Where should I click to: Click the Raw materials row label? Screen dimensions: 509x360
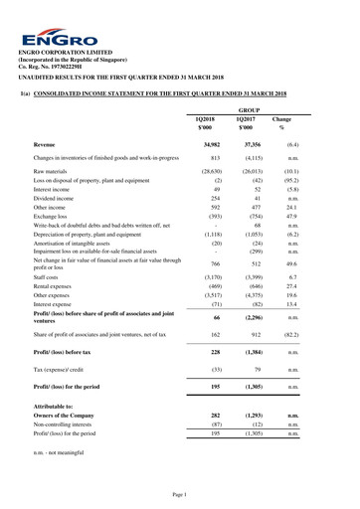click(x=55, y=172)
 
